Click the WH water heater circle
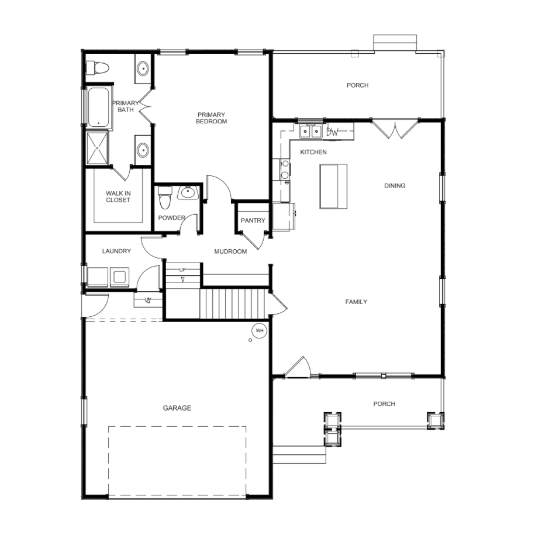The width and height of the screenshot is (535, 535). [259, 330]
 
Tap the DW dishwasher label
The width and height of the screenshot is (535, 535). [332, 132]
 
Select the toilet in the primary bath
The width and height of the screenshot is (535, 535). [97, 68]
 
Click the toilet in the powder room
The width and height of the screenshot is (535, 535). [165, 197]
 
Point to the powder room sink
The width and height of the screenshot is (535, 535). [188, 192]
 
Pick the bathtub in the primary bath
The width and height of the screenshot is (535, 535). [99, 107]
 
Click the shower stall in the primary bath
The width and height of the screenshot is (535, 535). [97, 148]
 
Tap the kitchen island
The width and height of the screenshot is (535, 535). [333, 187]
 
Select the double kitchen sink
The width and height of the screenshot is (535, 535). [311, 132]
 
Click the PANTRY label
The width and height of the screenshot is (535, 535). [253, 220]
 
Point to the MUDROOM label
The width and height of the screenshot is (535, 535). [230, 251]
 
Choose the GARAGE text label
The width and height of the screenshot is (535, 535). [177, 408]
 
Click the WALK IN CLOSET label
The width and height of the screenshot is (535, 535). [118, 196]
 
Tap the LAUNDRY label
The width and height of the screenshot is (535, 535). [116, 251]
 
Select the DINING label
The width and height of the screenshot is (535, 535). [395, 185]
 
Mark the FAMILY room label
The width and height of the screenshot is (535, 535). [356, 302]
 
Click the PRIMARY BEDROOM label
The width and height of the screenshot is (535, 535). [211, 118]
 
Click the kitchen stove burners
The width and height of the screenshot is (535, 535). [285, 170]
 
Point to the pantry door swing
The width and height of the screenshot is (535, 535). [254, 240]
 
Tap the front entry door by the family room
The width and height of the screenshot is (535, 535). [298, 367]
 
